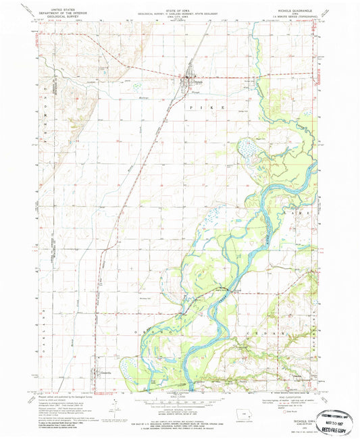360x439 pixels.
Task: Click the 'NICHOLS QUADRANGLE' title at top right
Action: click(295, 11)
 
